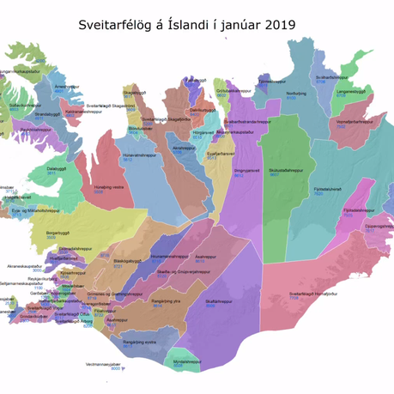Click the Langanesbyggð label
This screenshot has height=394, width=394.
[x=352, y=91]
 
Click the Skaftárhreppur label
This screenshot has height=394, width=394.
[x=221, y=301]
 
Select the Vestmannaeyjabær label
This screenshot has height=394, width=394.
[x=103, y=364]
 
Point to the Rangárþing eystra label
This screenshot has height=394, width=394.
[x=140, y=342]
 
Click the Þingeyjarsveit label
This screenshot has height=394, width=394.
[x=246, y=170]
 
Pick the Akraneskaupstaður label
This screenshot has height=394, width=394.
[x=24, y=266]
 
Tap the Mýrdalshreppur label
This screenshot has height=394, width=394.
[x=186, y=361]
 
